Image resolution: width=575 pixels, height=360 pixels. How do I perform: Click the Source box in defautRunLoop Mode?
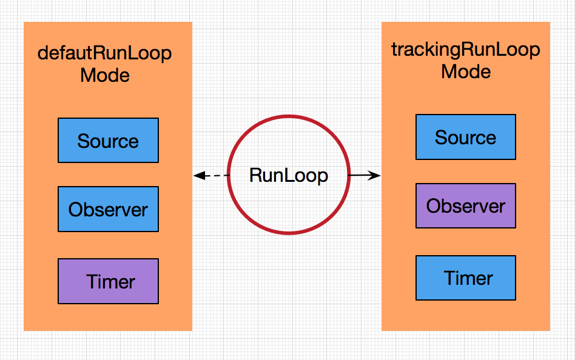108,141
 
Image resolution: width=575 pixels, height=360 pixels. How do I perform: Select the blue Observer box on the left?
108,209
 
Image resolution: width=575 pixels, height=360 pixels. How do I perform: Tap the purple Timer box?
108,281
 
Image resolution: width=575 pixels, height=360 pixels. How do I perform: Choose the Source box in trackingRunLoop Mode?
465,137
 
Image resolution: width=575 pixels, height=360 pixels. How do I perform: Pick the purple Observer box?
465,205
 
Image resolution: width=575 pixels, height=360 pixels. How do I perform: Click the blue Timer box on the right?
465,278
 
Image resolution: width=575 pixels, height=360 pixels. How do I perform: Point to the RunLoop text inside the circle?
289,176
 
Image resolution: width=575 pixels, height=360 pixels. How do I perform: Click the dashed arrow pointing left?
211,176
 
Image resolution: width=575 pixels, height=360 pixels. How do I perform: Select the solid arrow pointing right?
365,176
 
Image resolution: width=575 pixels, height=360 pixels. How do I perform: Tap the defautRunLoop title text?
105,53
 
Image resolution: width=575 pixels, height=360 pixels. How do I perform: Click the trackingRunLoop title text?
466,49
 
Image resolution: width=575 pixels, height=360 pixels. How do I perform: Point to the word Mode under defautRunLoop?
105,76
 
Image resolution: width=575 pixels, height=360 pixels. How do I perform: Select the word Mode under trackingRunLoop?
466,72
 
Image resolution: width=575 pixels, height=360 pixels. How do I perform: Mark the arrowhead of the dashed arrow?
198,176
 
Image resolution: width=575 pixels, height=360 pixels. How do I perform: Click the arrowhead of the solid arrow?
376,176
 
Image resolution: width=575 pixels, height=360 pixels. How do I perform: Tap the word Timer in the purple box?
110,282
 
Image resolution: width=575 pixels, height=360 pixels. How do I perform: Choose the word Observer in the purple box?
465,206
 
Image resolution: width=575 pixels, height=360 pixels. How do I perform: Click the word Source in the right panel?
465,138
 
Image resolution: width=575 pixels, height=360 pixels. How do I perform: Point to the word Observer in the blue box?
108,210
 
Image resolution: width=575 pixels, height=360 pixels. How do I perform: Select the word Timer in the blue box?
468,278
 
